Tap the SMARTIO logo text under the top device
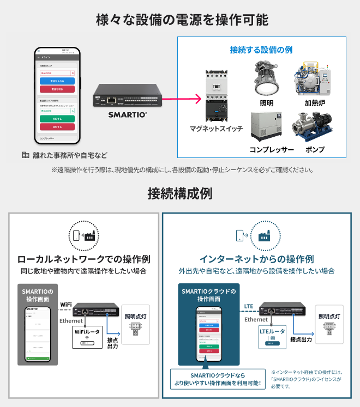127,115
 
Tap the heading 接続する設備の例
261,50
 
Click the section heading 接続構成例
179,193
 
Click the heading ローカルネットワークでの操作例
83,259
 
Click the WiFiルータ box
87,336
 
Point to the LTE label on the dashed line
249,306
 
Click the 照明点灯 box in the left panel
135,324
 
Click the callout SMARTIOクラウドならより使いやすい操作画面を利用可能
218,379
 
